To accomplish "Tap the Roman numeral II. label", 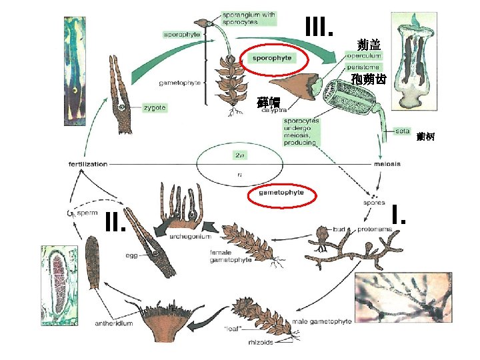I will (116, 222).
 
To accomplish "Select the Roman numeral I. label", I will (399, 215).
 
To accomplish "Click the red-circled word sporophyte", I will (271, 58).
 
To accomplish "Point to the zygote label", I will (154, 107).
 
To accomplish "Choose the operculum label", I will (364, 56).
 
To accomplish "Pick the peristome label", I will (363, 67).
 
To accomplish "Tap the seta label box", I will (402, 131).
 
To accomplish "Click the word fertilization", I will (88, 164).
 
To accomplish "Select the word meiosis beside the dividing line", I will (387, 164).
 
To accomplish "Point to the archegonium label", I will (191, 236).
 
